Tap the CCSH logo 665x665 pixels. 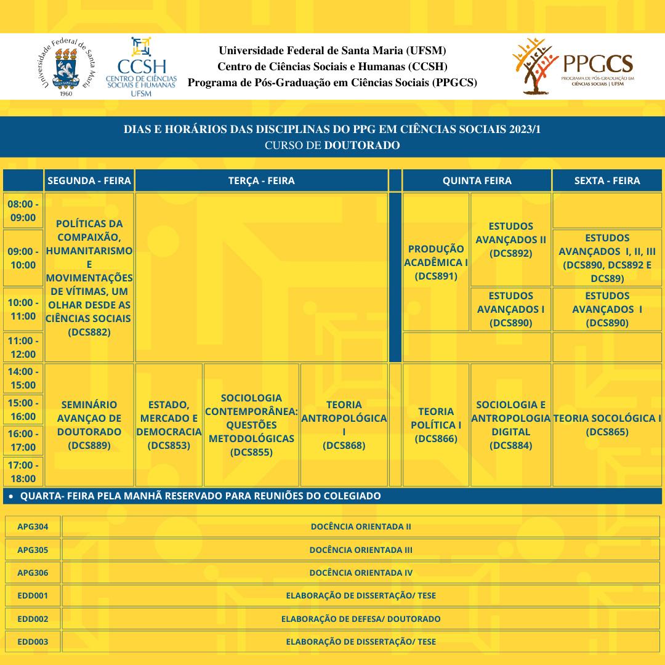142,67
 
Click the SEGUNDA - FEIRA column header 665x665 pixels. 89,180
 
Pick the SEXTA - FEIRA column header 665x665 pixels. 607,180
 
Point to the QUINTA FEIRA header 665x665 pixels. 477,180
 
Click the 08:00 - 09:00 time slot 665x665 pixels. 23,210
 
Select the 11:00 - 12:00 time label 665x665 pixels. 23,347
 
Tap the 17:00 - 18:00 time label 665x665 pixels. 23,472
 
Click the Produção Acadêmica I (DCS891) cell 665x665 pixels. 436,262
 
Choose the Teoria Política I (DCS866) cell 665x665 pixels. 436,425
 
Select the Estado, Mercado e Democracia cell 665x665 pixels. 169,425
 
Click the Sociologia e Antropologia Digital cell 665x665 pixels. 510,425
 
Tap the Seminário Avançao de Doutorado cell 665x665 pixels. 89,425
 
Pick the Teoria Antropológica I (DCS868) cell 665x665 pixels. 344,425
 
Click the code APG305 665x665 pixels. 33,550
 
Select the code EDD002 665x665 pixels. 33,619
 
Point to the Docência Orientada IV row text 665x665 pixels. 361,573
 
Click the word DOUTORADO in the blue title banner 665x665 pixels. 362,145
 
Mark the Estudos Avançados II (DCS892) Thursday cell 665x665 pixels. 510,239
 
